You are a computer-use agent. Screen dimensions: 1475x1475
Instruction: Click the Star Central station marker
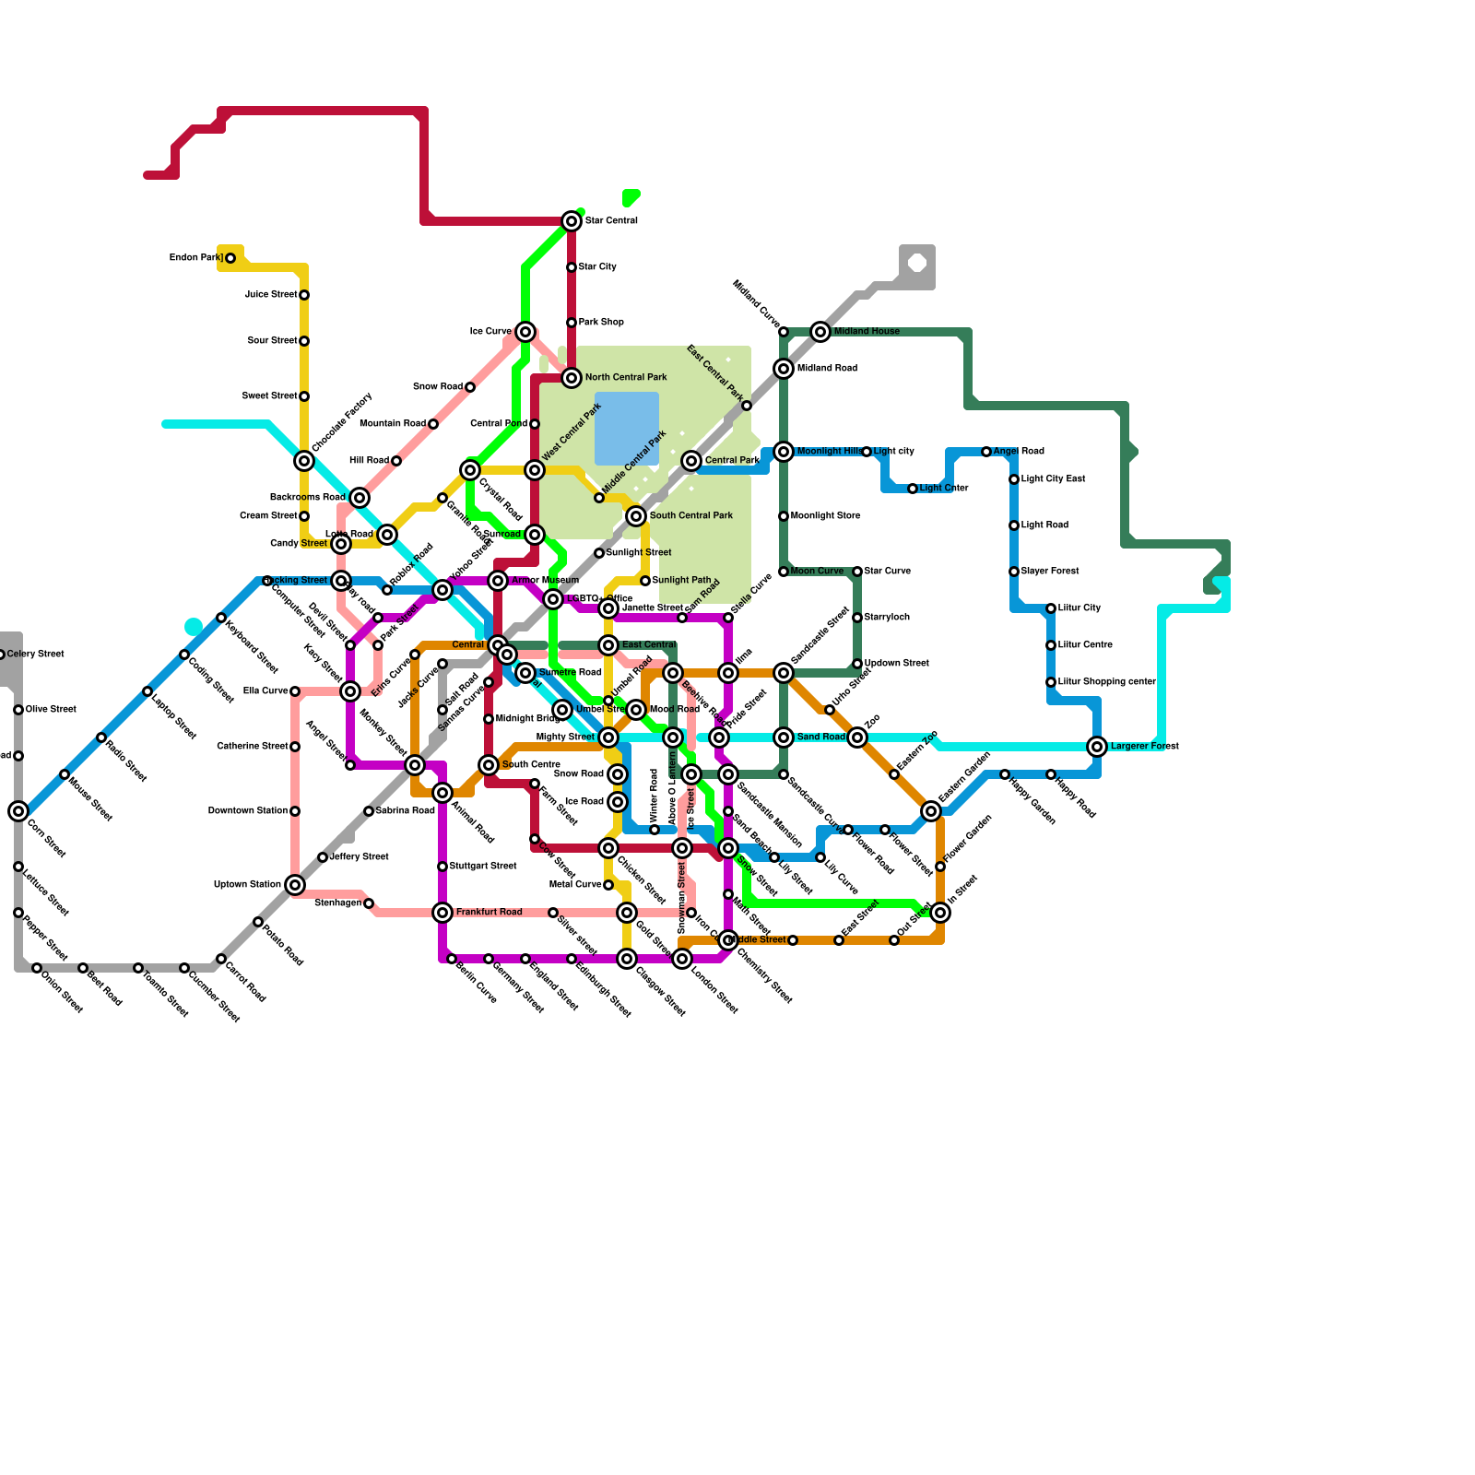(572, 221)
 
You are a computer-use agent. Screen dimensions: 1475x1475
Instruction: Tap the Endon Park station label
(196, 258)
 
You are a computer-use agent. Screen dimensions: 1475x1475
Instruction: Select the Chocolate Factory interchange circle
(304, 461)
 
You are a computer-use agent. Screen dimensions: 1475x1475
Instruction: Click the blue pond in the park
(627, 429)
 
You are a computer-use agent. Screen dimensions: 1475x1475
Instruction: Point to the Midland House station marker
(820, 332)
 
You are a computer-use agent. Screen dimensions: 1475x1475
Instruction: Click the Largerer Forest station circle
(1097, 747)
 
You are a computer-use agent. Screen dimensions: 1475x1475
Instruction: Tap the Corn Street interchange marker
(18, 811)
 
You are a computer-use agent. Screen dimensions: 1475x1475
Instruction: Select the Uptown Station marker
(295, 885)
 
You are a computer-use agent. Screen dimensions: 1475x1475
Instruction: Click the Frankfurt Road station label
(489, 913)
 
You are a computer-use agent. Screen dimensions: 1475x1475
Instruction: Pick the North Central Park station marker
(572, 378)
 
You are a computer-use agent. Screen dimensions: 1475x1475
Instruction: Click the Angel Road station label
(1019, 452)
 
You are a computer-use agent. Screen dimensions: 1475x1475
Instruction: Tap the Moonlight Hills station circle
(784, 452)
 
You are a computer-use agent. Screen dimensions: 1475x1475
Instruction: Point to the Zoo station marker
(857, 737)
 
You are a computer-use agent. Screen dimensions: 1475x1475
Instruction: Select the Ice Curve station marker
(525, 332)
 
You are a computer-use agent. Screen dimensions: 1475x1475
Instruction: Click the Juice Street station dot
(304, 295)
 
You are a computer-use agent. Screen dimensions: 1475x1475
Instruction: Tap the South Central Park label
(690, 516)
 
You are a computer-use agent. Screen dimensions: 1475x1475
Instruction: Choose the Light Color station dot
(913, 489)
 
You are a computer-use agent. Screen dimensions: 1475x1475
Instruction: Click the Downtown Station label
(247, 811)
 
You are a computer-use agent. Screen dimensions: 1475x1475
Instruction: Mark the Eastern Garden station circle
(931, 811)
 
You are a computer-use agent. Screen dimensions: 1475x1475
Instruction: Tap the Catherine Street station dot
(295, 747)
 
